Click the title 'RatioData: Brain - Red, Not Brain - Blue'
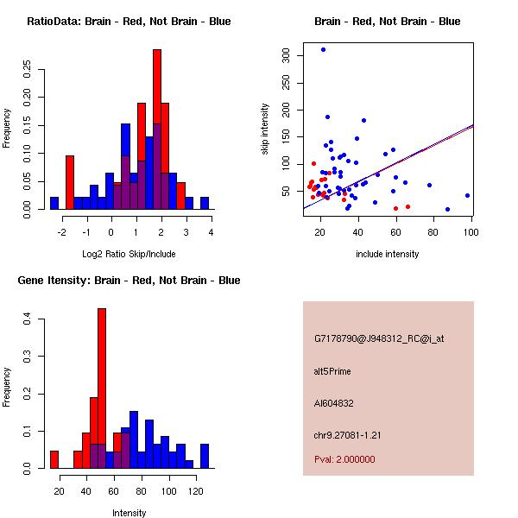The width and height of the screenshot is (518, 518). (129, 21)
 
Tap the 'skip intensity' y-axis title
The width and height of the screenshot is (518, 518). (265, 129)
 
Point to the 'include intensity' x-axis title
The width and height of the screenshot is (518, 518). (388, 254)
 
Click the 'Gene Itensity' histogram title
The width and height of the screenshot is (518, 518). (129, 280)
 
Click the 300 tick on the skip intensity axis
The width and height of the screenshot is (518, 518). (287, 55)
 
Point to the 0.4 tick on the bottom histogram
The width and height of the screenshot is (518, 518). (27, 319)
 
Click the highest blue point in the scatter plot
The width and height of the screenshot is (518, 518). (323, 50)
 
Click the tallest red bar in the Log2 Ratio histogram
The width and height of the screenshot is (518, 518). (157, 129)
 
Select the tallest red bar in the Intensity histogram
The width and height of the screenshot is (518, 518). (102, 388)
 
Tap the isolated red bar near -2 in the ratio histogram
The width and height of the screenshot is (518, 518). (70, 182)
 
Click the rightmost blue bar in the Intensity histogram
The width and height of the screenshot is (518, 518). (205, 456)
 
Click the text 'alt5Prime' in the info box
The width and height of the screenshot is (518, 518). (332, 371)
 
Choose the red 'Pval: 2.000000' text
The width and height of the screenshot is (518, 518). (344, 459)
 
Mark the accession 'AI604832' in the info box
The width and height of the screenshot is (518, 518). (334, 402)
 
